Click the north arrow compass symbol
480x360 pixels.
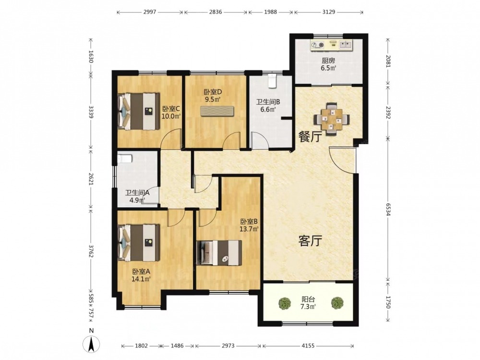(91, 344)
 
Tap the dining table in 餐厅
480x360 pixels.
(332, 119)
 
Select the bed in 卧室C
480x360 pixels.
(139, 111)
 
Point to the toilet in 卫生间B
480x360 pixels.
(272, 81)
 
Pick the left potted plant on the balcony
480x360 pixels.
(285, 303)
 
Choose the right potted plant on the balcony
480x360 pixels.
(337, 303)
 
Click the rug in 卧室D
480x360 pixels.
(217, 111)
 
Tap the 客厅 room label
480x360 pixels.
(310, 241)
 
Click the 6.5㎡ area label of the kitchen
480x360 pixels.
(328, 68)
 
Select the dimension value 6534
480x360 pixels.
(388, 209)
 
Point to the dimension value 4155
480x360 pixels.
(308, 346)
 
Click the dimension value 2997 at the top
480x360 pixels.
(150, 12)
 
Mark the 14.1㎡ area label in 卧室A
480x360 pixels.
(141, 279)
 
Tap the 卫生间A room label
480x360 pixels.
(137, 193)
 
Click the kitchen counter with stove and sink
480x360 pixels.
(332, 45)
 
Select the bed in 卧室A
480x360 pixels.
(139, 243)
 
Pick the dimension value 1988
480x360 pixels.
(270, 12)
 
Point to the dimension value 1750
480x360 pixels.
(388, 302)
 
